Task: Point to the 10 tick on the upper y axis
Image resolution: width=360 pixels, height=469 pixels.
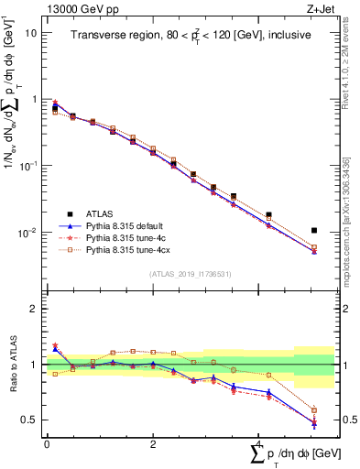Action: [31, 32]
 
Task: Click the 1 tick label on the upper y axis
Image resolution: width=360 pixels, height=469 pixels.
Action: [34, 99]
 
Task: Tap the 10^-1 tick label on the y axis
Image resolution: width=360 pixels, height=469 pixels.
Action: [29, 166]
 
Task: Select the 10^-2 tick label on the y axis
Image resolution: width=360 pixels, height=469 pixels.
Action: [29, 233]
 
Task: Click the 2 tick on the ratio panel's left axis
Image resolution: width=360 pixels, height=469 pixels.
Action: [34, 309]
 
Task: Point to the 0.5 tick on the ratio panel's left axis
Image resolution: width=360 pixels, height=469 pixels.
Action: [30, 420]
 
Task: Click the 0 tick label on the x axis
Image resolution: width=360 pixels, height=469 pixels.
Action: [47, 443]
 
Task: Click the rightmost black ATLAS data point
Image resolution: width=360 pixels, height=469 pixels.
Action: [314, 230]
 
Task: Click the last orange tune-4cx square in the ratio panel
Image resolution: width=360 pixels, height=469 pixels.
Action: [314, 409]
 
